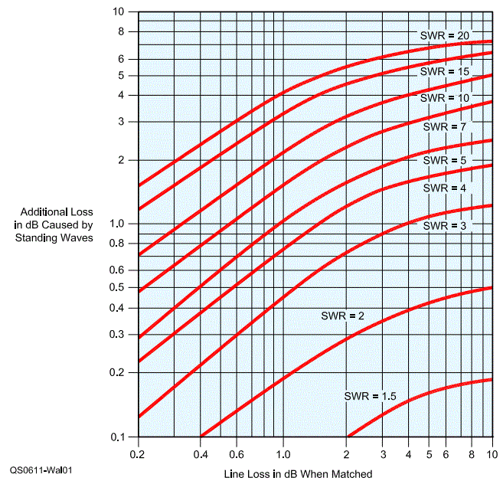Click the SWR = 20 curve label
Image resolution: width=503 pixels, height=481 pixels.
click(444, 35)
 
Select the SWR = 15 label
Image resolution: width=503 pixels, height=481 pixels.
click(444, 71)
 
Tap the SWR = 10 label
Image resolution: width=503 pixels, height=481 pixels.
click(444, 98)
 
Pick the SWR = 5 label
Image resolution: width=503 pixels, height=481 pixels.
click(444, 161)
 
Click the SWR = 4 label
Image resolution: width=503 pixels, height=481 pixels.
click(444, 188)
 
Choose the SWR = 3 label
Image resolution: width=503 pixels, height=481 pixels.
click(444, 226)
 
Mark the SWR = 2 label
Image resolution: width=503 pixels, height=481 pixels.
click(342, 316)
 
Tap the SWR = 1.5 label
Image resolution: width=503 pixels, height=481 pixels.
click(370, 396)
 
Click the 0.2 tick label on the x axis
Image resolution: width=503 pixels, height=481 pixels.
click(138, 453)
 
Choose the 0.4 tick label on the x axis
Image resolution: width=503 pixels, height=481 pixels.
click(201, 453)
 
